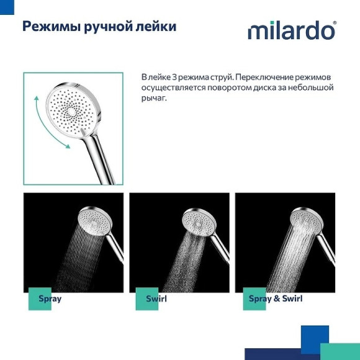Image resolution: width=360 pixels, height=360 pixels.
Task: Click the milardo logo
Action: tap(291, 30)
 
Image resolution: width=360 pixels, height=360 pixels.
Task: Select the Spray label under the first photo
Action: tap(50, 299)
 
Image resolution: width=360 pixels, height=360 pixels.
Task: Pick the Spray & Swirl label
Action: tap(275, 299)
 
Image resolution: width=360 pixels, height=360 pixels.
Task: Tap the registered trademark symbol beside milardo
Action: tap(335, 23)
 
